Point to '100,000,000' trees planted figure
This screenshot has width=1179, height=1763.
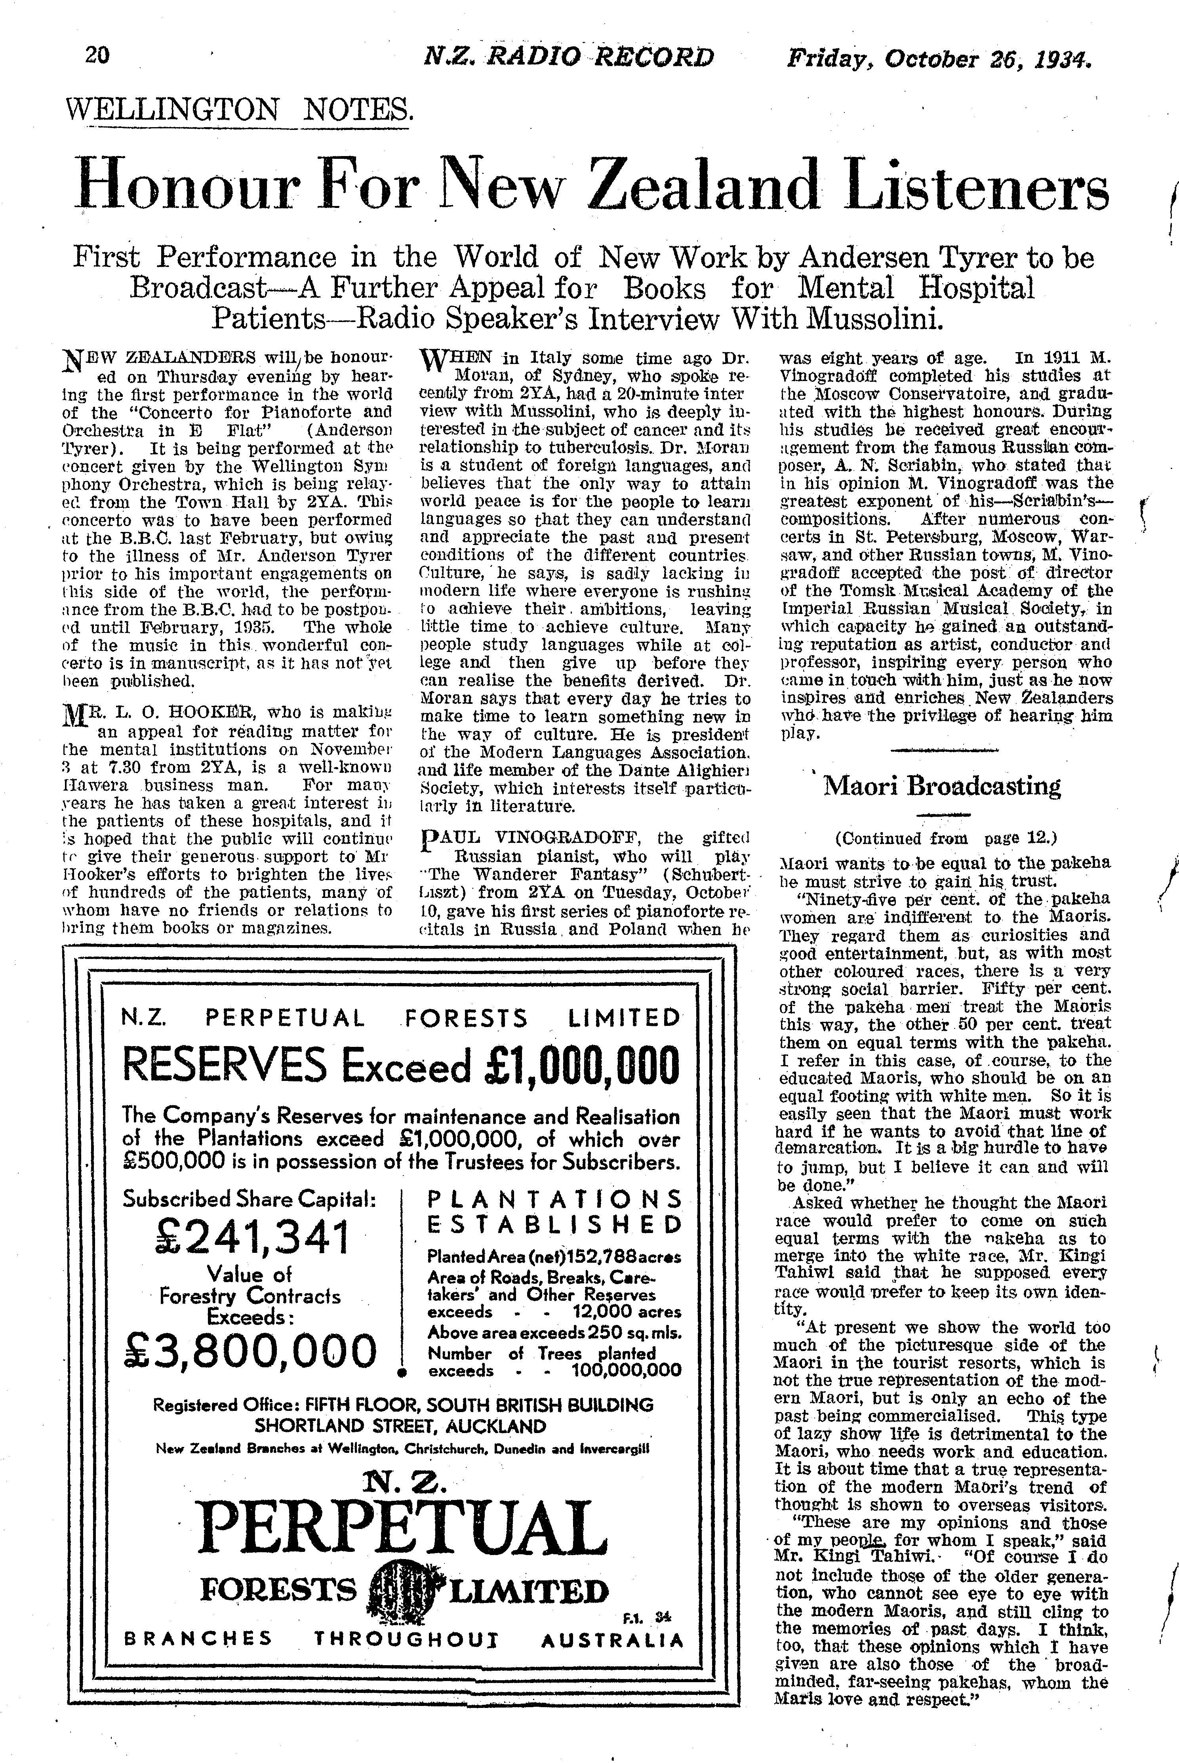[x=627, y=1370]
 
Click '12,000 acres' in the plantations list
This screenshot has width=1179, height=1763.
[x=627, y=1312]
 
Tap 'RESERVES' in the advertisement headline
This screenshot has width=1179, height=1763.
[x=223, y=1066]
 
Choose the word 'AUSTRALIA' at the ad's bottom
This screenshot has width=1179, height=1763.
[x=612, y=1639]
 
